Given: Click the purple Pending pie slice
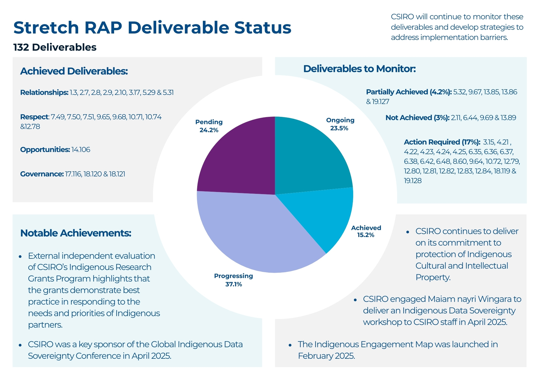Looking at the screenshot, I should point(236,158).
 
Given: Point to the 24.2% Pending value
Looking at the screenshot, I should point(209,130).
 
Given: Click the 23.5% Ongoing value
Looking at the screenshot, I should point(339,129).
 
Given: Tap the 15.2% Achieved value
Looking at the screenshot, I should point(365,235).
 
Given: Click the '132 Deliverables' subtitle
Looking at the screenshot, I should point(55,47).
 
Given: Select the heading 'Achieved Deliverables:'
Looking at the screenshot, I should point(74,71).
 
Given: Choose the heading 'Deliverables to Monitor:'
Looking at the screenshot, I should point(359,69).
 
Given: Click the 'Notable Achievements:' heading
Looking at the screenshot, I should point(76,233).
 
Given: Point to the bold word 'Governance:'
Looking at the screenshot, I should point(42,174).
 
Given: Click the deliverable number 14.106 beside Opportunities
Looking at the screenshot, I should point(81,150).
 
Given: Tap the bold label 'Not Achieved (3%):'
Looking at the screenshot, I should point(417,118).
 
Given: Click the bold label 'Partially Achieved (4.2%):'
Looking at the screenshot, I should point(409,92).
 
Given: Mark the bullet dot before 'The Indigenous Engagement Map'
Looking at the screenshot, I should point(290,345).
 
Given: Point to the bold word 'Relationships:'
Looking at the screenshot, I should point(44,93).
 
